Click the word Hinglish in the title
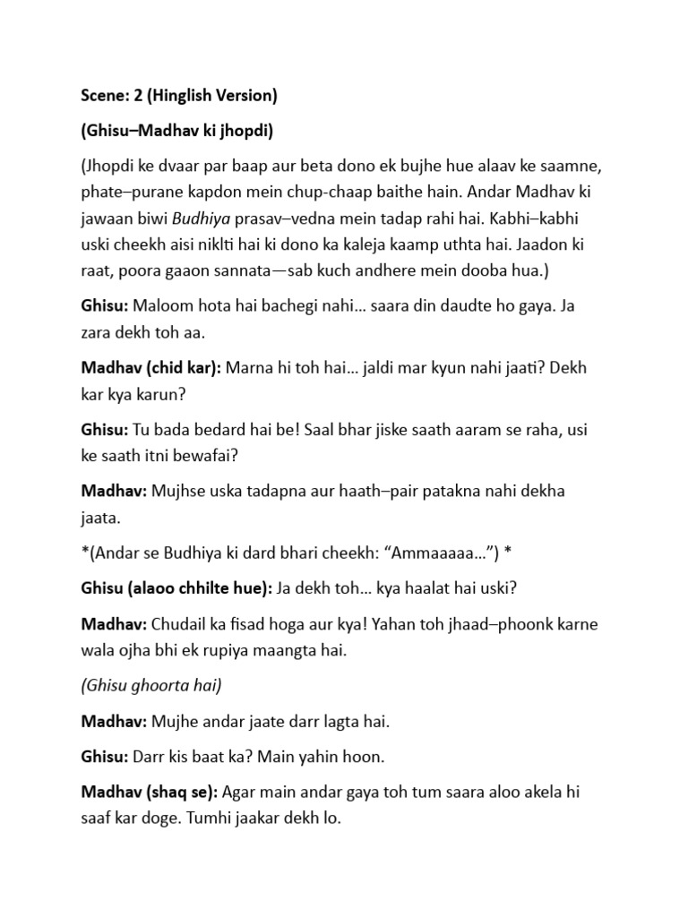point(183,95)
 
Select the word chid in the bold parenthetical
point(156,367)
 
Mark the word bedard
point(207,429)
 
